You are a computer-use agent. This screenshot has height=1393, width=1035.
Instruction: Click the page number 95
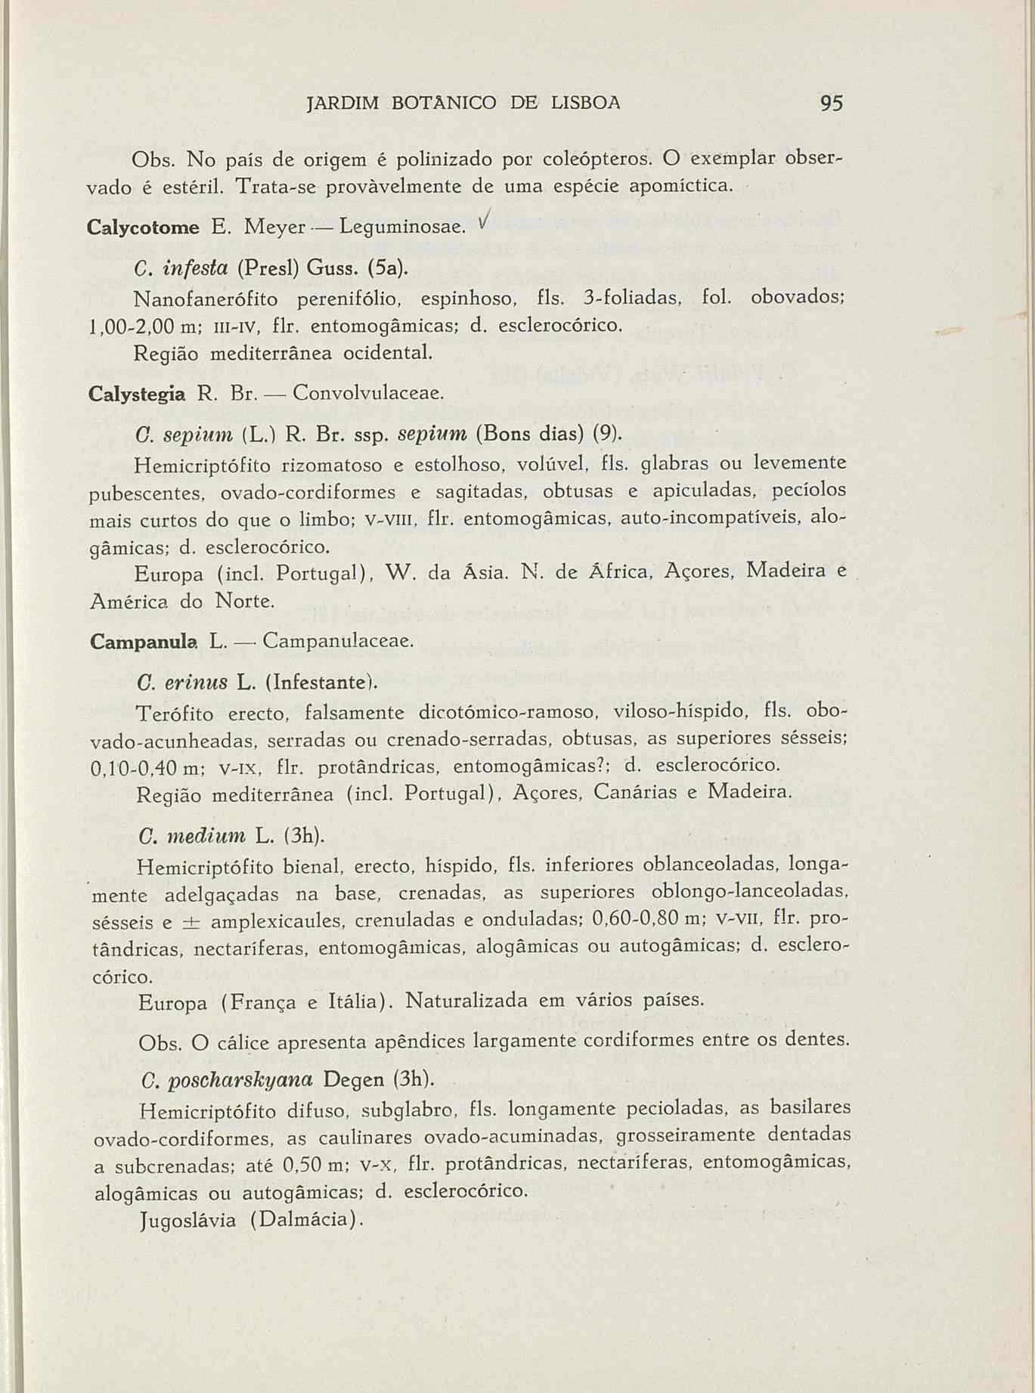[830, 103]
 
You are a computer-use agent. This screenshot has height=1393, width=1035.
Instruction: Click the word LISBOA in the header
[581, 103]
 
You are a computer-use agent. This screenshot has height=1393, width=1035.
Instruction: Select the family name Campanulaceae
[338, 642]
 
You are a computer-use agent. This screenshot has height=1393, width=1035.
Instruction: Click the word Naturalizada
[467, 1001]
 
